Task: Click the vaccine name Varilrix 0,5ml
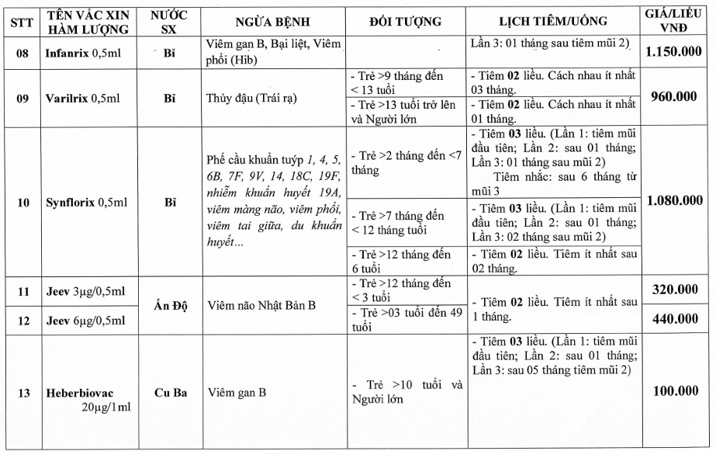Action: tap(85, 99)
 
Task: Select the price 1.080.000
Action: tap(675, 200)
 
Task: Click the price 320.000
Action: tap(675, 290)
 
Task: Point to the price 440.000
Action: tap(675, 318)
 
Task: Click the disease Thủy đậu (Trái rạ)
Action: tap(252, 99)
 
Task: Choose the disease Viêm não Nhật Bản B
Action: tap(262, 305)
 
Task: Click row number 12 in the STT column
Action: tap(23, 319)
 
